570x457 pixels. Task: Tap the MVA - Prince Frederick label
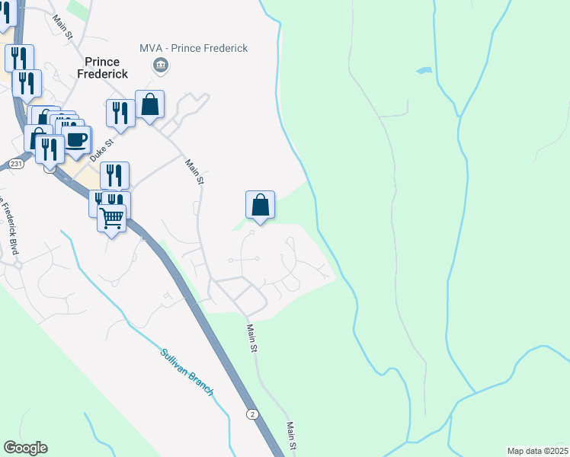(x=194, y=48)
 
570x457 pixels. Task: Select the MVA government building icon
(x=160, y=66)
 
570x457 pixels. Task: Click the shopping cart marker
(x=112, y=219)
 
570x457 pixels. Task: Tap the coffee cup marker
(x=76, y=139)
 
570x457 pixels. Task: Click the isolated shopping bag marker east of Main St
(x=260, y=204)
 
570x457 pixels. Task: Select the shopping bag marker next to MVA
(x=150, y=105)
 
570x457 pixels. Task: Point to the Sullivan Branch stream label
(x=187, y=372)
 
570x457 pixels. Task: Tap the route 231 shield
(x=17, y=163)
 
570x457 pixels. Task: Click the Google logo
(x=25, y=448)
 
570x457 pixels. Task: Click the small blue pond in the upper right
(x=423, y=71)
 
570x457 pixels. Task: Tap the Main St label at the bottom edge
(x=290, y=436)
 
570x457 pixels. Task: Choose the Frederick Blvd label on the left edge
(x=9, y=228)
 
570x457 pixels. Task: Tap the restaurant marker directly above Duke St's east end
(x=114, y=174)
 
